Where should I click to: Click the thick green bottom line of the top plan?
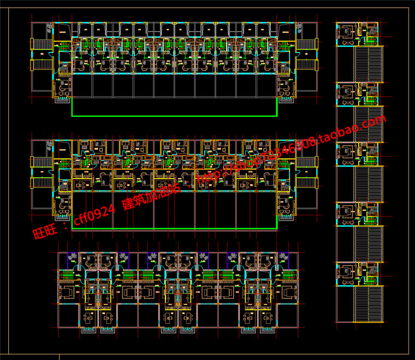click(x=174, y=116)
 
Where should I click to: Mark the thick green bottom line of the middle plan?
click(x=174, y=229)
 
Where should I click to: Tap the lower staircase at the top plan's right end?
click(x=307, y=65)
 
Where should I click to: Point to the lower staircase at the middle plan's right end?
click(x=307, y=182)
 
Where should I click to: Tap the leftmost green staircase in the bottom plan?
click(x=67, y=276)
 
